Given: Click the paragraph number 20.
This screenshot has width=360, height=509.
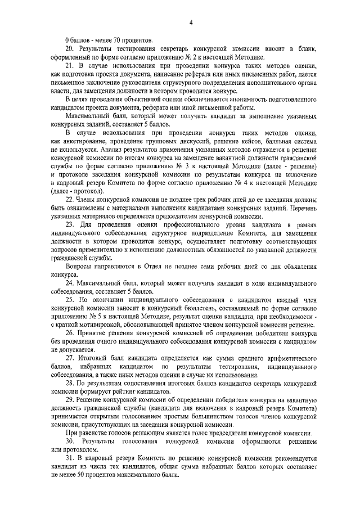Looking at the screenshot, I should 69,49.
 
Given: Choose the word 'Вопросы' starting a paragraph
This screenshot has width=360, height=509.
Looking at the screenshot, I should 78,264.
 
